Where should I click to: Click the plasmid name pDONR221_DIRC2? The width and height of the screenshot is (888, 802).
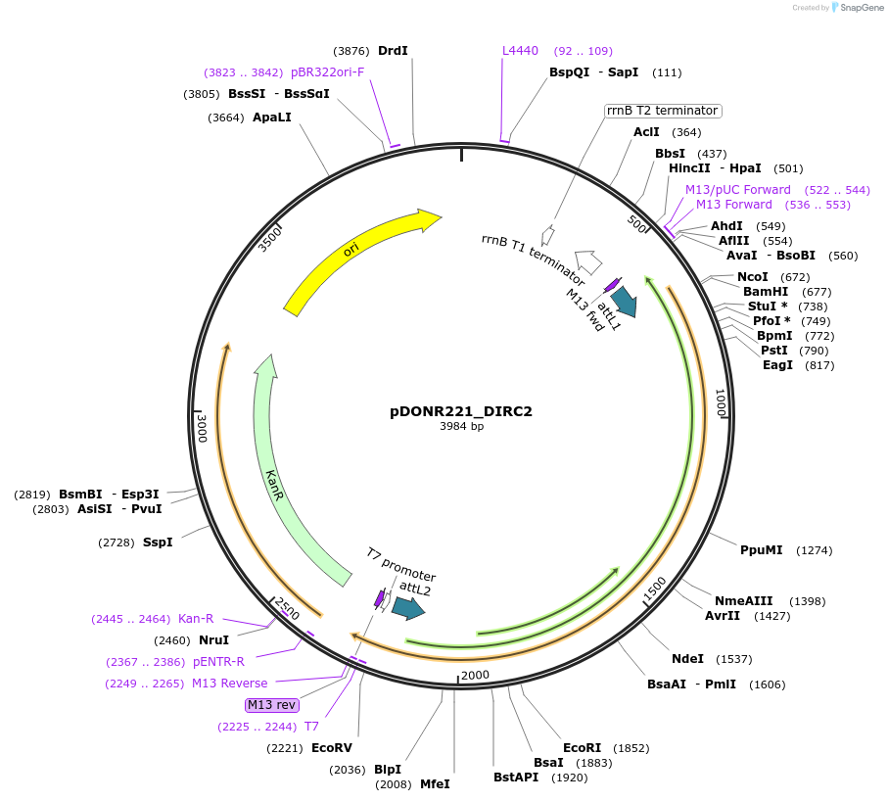click(x=460, y=411)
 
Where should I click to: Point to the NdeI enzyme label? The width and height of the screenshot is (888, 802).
click(x=687, y=659)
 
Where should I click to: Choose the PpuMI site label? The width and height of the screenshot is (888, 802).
click(x=761, y=550)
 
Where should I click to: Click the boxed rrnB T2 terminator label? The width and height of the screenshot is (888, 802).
click(x=663, y=111)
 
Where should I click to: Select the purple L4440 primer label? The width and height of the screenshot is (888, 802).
click(x=520, y=51)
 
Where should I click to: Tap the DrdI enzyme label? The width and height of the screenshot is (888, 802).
click(x=393, y=51)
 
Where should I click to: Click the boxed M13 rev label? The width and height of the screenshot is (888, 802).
click(x=272, y=704)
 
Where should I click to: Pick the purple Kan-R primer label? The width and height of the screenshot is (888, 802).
click(x=196, y=619)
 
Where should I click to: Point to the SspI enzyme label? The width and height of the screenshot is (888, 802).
click(x=158, y=542)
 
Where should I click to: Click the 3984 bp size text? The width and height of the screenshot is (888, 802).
click(x=461, y=426)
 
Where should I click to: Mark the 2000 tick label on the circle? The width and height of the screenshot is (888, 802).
click(x=475, y=675)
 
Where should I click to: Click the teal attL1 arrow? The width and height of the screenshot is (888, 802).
click(x=624, y=302)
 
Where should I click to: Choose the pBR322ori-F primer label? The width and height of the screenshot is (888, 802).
click(x=327, y=72)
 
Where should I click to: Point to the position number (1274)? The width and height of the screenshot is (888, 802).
click(x=814, y=550)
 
